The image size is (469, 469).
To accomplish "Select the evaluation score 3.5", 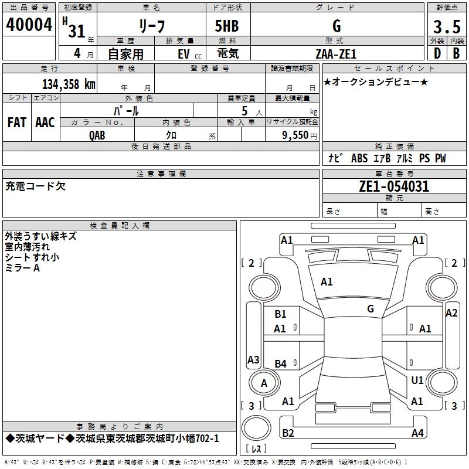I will pyautogui.click(x=446, y=26).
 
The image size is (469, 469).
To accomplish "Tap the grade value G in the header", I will pyautogui.click(x=336, y=26).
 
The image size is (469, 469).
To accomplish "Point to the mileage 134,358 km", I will pyautogui.click(x=68, y=84).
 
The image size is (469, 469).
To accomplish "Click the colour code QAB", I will pyautogui.click(x=97, y=134).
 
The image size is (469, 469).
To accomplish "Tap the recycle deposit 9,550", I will pyautogui.click(x=295, y=134).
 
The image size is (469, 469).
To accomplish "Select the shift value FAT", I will pyautogui.click(x=16, y=122).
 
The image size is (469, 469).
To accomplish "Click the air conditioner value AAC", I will pyautogui.click(x=45, y=122).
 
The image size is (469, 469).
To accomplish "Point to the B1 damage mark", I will pyautogui.click(x=280, y=314).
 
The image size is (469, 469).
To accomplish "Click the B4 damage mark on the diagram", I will pyautogui.click(x=280, y=364).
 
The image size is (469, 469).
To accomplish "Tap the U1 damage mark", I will pyautogui.click(x=417, y=380).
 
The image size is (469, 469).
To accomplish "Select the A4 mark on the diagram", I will pyautogui.click(x=417, y=433).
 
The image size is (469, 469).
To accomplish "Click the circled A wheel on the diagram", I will pyautogui.click(x=264, y=383).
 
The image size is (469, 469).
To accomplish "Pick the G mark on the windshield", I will pyautogui.click(x=370, y=308).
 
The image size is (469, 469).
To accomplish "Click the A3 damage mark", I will pyautogui.click(x=253, y=360).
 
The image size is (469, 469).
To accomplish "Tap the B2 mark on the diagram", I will pyautogui.click(x=288, y=433).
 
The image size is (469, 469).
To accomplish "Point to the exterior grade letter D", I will pyautogui.click(x=437, y=53).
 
